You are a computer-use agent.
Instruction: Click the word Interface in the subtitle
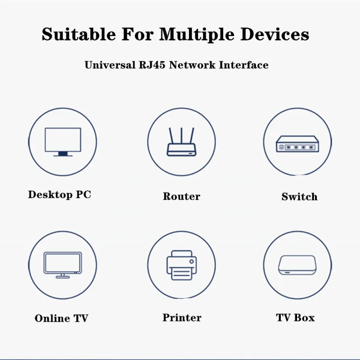[244, 65]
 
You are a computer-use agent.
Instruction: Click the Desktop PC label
[59, 195]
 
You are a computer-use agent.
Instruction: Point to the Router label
[181, 197]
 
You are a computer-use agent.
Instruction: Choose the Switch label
[299, 197]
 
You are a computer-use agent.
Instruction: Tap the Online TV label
[61, 318]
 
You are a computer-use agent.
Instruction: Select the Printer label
[182, 318]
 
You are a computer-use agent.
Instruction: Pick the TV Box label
[295, 318]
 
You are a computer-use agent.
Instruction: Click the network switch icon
[297, 145]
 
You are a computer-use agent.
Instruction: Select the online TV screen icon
[63, 264]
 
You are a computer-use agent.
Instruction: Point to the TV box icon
[297, 265]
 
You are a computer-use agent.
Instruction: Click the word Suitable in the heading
[75, 34]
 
